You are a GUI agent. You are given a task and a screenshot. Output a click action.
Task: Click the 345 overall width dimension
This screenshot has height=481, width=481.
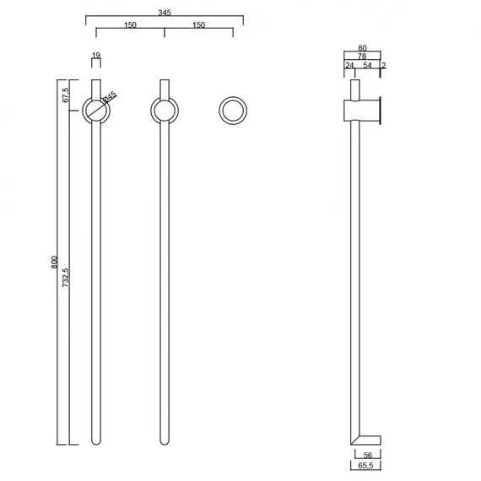point(165,13)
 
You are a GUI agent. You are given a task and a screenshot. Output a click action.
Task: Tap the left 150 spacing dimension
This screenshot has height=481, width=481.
point(130,24)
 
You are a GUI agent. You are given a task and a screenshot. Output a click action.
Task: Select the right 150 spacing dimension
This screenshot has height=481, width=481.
point(198,24)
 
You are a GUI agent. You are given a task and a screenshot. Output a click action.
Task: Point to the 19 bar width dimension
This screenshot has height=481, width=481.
point(96,55)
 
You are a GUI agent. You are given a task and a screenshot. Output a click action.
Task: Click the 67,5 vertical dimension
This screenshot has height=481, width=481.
point(65,95)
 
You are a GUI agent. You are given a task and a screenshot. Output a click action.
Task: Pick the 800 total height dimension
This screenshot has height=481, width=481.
point(54,262)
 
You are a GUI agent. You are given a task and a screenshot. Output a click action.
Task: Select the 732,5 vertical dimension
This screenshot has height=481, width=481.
point(65,278)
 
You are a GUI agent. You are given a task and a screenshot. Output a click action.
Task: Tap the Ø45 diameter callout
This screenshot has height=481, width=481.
point(110,97)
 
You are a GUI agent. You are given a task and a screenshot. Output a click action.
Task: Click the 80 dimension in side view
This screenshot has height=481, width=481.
point(362,48)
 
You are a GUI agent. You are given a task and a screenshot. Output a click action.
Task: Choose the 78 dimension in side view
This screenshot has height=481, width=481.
point(362,57)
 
